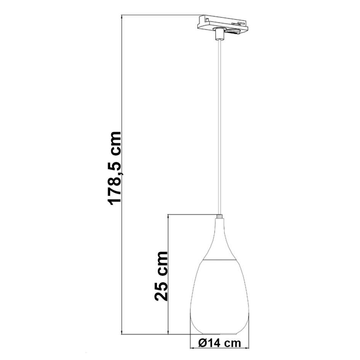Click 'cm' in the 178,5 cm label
point(114,142)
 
